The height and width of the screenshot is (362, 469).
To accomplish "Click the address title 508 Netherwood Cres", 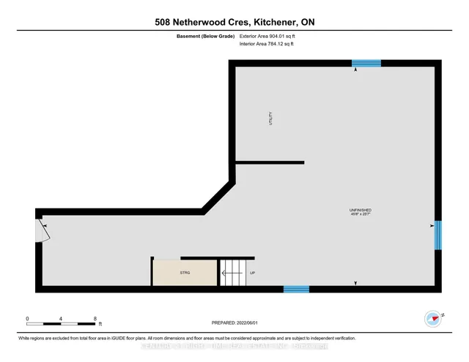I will click(x=234, y=22).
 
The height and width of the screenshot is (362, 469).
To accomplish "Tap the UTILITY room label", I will click(x=270, y=120).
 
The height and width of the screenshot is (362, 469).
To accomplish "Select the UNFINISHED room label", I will click(x=360, y=211).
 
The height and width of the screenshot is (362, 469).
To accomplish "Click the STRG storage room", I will click(x=184, y=273).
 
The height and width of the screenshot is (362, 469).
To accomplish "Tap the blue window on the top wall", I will click(x=366, y=64).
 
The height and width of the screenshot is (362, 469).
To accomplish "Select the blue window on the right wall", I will click(x=437, y=235).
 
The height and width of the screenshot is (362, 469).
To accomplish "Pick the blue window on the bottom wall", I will click(x=296, y=289).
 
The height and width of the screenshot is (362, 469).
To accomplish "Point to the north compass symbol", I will click(x=432, y=318).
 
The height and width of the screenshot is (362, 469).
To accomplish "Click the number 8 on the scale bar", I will click(x=95, y=319).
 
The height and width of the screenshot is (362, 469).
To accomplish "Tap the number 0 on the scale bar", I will click(x=27, y=319).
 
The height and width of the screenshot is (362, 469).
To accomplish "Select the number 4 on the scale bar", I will click(x=62, y=319).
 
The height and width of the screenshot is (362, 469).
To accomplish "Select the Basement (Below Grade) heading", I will click(x=204, y=36).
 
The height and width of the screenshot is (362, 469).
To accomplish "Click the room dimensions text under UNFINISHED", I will click(x=360, y=215).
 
